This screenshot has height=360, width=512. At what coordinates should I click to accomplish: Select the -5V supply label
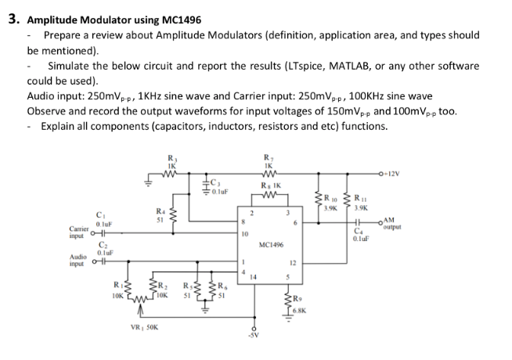252,349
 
